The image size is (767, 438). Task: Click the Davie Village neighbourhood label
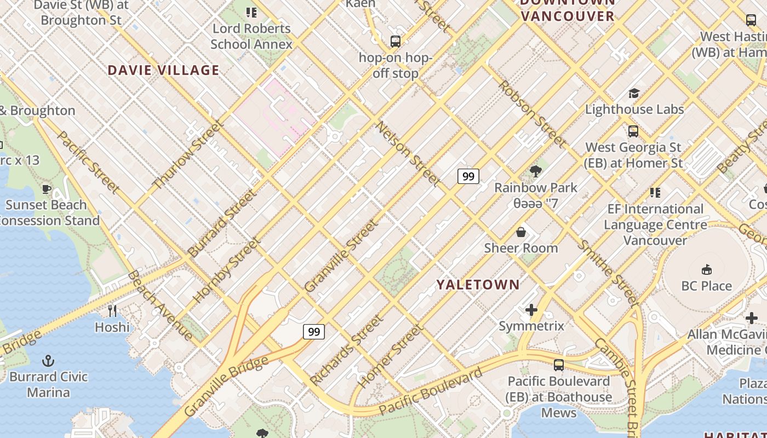click(x=163, y=70)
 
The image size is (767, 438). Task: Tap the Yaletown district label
click(x=478, y=284)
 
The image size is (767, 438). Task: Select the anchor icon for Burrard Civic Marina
click(x=49, y=361)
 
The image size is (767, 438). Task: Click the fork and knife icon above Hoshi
click(x=112, y=311)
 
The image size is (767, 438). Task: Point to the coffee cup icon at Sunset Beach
click(x=47, y=189)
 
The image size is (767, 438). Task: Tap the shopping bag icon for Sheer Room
click(x=521, y=232)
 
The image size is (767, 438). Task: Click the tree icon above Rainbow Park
click(x=536, y=172)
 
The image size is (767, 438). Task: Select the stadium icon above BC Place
click(x=707, y=270)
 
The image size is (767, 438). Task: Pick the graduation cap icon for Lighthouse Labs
click(x=634, y=93)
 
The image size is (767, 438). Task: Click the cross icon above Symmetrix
click(x=531, y=310)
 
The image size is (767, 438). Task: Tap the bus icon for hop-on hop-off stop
click(x=395, y=42)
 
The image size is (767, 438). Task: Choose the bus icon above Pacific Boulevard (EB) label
click(x=559, y=365)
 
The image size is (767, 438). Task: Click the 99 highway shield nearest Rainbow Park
click(x=468, y=176)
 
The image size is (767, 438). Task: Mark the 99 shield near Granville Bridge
click(x=314, y=332)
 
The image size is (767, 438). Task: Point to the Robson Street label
click(x=532, y=114)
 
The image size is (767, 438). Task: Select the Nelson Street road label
click(x=408, y=153)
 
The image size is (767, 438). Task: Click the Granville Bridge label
click(x=226, y=385)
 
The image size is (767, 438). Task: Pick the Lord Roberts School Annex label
click(x=251, y=36)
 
